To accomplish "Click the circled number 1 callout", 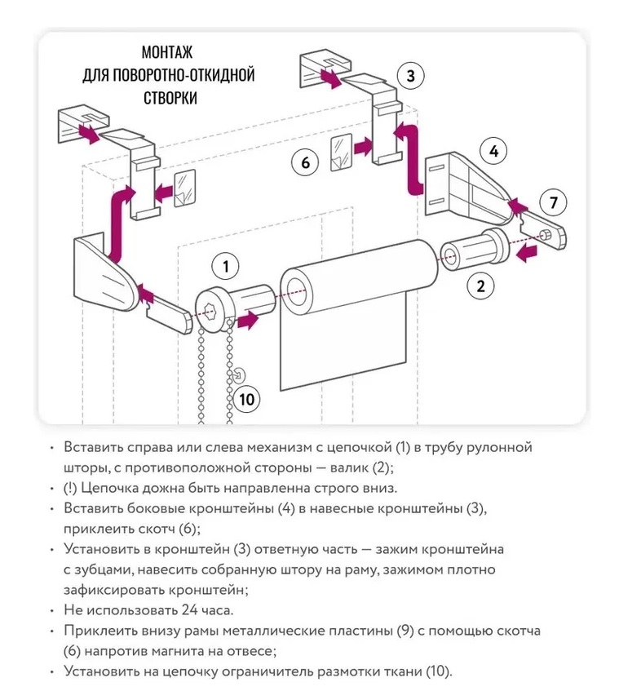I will tap(225, 266).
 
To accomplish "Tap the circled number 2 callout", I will tap(480, 286).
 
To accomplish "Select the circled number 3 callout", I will tap(410, 77).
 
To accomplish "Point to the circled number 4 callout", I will tap(493, 151).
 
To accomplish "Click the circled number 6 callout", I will tap(306, 163).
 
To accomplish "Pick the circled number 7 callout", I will tap(554, 202).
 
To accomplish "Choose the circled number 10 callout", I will tap(246, 399).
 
